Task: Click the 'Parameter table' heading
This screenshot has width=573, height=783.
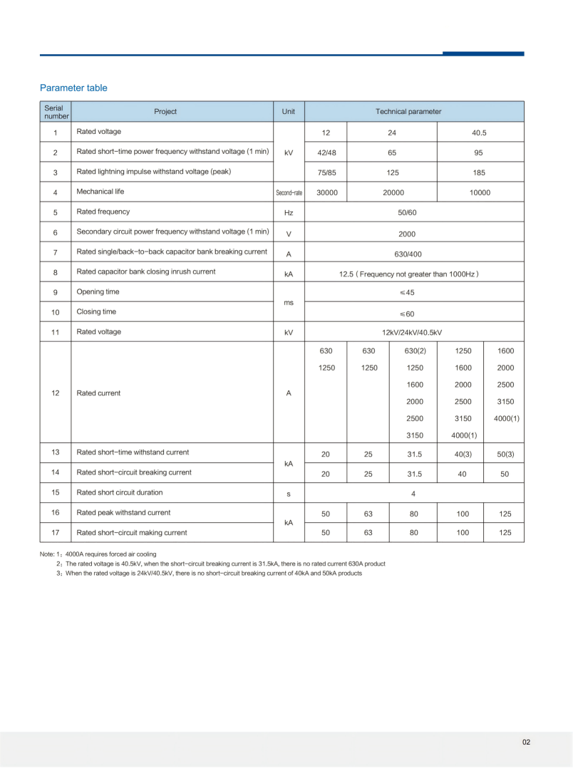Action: [73, 88]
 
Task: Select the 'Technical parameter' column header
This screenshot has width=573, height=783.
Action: [408, 111]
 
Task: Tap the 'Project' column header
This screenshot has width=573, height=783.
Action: [165, 111]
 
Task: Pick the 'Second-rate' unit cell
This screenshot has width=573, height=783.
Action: [289, 192]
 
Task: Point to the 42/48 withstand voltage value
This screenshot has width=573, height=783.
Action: [326, 152]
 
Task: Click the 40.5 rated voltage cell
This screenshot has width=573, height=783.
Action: [479, 133]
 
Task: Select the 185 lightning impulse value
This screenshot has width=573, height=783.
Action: [479, 172]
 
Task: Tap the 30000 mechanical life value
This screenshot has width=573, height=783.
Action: [326, 192]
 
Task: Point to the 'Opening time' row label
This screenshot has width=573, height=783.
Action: [98, 292]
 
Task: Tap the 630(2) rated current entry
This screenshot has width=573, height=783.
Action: [414, 351]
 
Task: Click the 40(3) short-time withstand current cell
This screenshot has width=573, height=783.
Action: [462, 454]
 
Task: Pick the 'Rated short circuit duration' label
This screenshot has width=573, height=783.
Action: [119, 492]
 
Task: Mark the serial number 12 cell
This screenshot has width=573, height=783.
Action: [56, 393]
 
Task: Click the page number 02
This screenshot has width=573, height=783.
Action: [526, 742]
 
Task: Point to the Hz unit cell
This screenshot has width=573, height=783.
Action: [289, 212]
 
